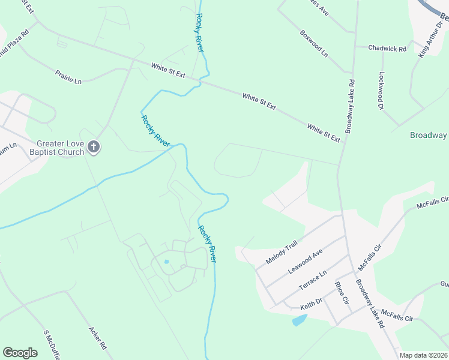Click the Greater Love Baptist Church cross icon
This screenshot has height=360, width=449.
coord(93,146)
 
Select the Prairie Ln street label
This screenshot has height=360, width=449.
coord(68,76)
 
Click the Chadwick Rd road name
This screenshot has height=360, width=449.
coord(388,48)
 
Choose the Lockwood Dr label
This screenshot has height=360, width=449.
coord(381,91)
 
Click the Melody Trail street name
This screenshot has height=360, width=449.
coord(282,253)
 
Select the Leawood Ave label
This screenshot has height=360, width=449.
coord(306,262)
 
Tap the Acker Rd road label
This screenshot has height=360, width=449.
coord(97,338)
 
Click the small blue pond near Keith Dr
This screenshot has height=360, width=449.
coord(299,320)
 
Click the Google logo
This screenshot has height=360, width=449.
coord(20,353)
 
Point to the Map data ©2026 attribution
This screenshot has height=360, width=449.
coord(423,355)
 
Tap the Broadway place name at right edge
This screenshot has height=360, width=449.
coord(428,135)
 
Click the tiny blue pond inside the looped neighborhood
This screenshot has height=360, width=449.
coord(166,262)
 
